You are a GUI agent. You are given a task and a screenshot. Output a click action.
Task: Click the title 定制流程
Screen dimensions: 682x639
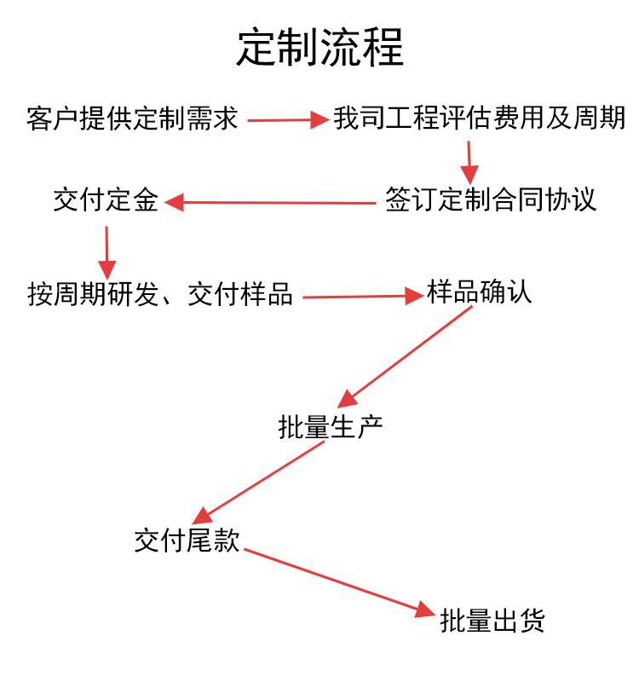click(319, 48)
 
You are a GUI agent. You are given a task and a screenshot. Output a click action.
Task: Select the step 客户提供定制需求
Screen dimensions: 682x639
click(132, 118)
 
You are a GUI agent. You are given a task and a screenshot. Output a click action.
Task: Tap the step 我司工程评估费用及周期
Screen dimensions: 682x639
click(479, 118)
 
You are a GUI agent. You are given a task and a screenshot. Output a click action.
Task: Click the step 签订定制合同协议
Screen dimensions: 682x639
click(490, 199)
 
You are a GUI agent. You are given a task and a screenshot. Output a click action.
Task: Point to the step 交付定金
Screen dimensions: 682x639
click(106, 201)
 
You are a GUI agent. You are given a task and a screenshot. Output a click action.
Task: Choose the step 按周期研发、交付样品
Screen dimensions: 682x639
click(160, 295)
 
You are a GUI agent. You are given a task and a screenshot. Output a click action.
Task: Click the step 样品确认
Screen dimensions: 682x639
click(479, 292)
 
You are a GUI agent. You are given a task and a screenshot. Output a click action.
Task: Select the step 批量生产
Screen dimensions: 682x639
click(331, 426)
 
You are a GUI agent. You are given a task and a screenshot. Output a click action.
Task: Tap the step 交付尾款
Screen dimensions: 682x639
click(187, 540)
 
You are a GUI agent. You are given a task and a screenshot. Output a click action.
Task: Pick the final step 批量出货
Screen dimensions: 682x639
click(492, 621)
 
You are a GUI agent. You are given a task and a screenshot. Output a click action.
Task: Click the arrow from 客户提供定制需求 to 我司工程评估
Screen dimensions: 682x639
click(287, 120)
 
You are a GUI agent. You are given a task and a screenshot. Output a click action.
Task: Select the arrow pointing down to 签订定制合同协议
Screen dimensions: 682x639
click(469, 162)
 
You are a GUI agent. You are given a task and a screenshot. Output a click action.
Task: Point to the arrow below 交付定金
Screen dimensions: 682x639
click(106, 251)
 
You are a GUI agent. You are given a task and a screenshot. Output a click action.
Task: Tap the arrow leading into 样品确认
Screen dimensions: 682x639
click(363, 297)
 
